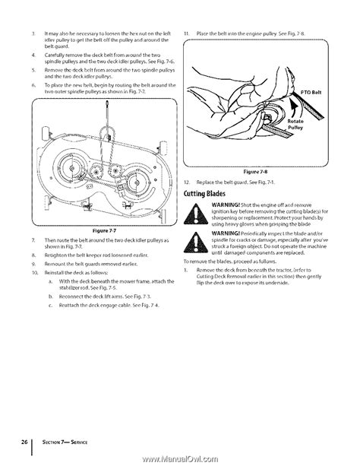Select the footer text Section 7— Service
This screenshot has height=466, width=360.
coord(65,442)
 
